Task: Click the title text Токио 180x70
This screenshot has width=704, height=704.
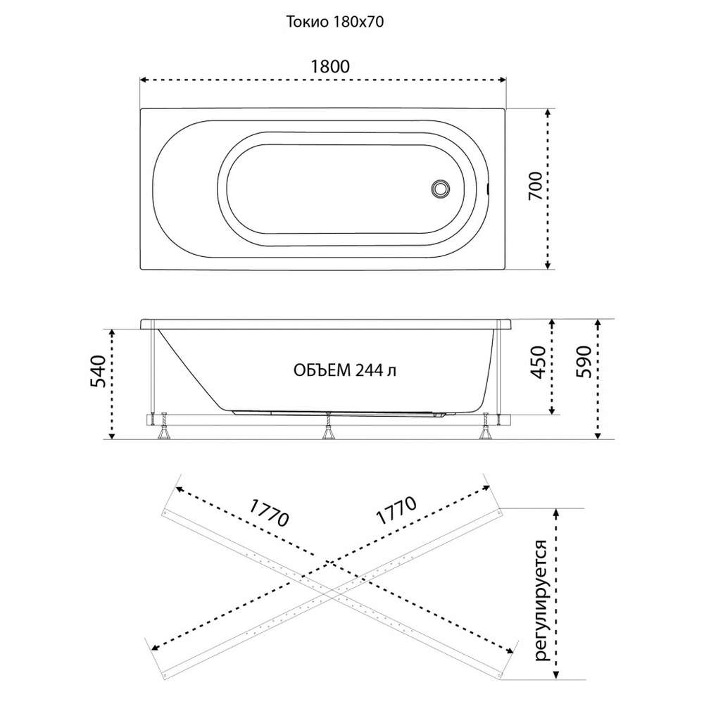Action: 335,22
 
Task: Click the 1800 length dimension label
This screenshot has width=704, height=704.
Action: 330,66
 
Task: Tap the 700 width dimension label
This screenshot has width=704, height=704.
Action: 535,186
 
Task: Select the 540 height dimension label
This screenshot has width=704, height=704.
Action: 98,371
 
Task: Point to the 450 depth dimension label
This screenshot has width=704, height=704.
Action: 538,363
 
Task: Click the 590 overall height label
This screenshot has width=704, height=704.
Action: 584,362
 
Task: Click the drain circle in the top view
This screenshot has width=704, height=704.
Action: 439,188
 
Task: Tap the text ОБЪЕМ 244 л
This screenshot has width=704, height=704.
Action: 345,370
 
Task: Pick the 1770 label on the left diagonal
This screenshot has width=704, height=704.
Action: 268,513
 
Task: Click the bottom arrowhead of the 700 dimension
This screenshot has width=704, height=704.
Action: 547,265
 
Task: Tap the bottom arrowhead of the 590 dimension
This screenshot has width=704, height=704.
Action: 598,434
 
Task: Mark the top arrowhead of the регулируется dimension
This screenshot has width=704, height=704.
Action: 557,513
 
